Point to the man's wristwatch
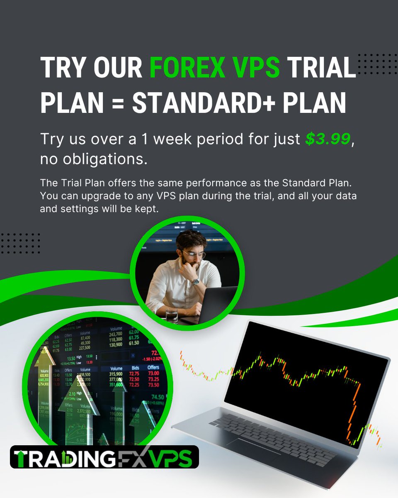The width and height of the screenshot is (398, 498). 195,281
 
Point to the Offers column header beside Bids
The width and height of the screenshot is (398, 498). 153,368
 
